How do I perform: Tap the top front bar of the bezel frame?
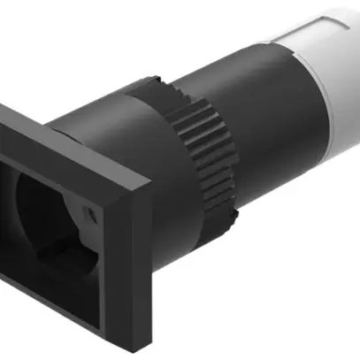[x=53, y=159]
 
